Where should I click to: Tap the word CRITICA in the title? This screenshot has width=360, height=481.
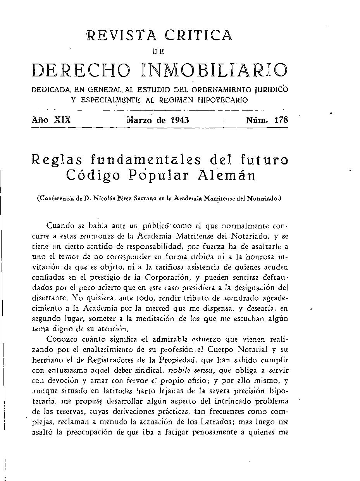pos(198,35)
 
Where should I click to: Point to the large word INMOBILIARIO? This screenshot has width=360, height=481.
pos(214,70)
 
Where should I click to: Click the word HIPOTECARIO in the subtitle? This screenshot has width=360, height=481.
pos(222,100)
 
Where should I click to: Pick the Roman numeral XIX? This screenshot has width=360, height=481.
pos(62,120)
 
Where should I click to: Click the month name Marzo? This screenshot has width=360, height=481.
pos(140,120)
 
